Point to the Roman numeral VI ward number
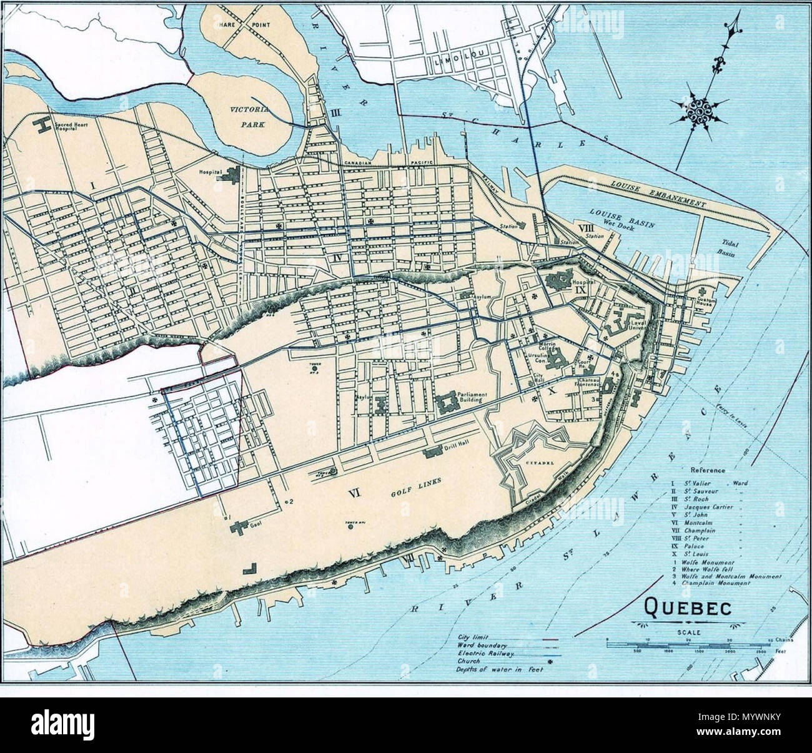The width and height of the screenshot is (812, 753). click(354, 493)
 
